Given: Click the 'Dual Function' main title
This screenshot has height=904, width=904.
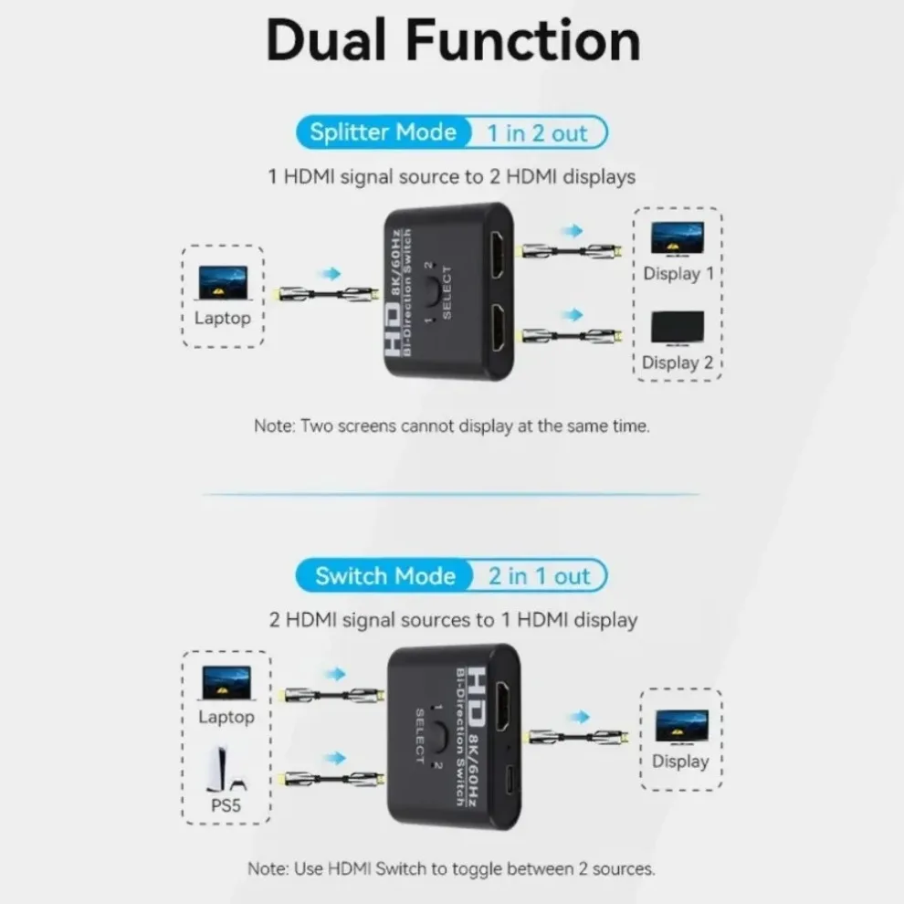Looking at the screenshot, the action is [x=453, y=40].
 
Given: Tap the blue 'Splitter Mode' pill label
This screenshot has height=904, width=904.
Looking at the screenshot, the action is [x=383, y=132].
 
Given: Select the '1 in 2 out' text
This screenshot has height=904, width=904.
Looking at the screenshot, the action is [x=536, y=133].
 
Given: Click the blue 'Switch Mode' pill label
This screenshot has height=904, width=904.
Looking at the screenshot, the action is [x=384, y=576].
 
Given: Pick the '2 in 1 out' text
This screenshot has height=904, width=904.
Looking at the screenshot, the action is [x=539, y=576].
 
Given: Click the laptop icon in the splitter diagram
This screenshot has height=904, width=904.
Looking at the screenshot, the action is [x=223, y=284].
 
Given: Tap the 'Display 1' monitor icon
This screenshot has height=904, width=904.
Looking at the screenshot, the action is [x=677, y=238].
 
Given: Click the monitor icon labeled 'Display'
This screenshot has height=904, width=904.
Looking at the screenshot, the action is [x=680, y=726].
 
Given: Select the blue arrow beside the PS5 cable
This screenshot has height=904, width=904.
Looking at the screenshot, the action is [x=336, y=758].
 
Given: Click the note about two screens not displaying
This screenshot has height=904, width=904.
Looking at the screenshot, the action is [x=451, y=426].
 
